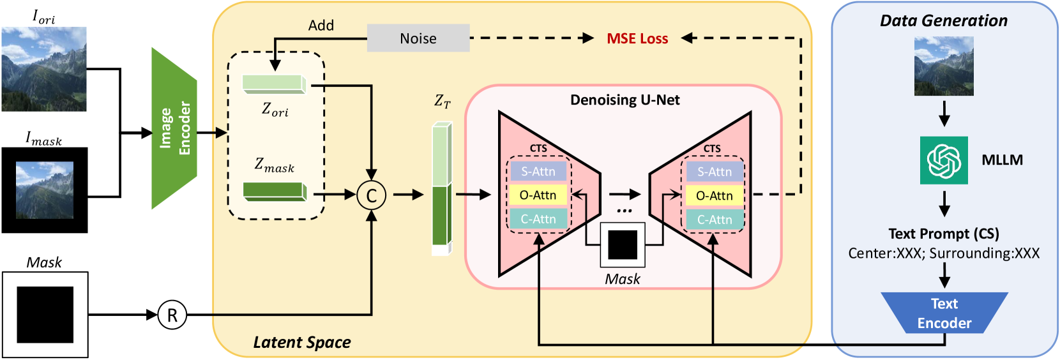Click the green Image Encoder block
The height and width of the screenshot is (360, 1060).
click(x=174, y=128)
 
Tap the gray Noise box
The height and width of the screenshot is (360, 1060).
click(x=418, y=38)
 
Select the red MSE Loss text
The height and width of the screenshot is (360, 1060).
click(x=637, y=38)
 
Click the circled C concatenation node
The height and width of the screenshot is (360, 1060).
click(x=371, y=195)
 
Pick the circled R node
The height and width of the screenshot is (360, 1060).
click(x=172, y=315)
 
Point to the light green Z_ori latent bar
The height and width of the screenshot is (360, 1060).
click(x=274, y=84)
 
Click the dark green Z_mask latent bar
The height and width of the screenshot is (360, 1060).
click(x=275, y=191)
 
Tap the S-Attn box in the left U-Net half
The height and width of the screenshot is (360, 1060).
click(x=538, y=172)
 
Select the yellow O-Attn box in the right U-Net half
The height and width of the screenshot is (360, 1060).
click(x=714, y=196)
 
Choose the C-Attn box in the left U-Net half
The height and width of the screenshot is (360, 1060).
click(x=538, y=220)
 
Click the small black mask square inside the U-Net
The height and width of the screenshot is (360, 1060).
click(x=623, y=244)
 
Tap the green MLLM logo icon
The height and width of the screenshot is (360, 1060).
click(x=944, y=160)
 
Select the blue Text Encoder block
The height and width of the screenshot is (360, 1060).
click(x=944, y=313)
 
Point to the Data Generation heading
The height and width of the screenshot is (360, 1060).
click(x=943, y=21)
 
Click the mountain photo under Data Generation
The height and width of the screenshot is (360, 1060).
click(x=944, y=66)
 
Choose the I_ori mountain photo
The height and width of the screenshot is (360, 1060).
click(x=44, y=69)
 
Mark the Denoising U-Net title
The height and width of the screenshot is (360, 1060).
click(x=625, y=100)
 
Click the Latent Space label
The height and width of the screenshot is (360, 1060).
click(x=302, y=343)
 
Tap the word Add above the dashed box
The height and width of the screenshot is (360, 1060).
click(x=321, y=26)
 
